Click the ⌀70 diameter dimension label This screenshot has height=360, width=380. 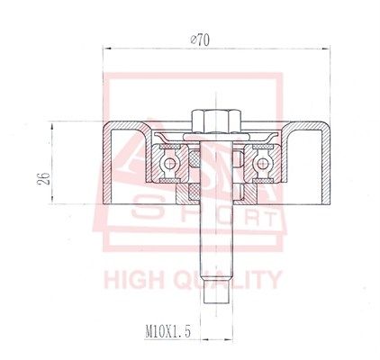(x=200, y=40)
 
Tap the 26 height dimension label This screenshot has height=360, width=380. (x=44, y=179)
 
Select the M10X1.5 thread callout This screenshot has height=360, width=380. (x=167, y=332)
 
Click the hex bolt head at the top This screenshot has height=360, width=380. (x=216, y=121)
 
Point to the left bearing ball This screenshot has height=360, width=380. (x=169, y=164)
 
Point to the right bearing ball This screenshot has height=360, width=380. (x=263, y=164)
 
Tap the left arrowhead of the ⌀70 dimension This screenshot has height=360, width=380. (x=107, y=49)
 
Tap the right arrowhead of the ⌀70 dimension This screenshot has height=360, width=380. (x=326, y=49)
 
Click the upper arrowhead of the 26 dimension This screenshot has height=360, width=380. (x=52, y=126)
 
